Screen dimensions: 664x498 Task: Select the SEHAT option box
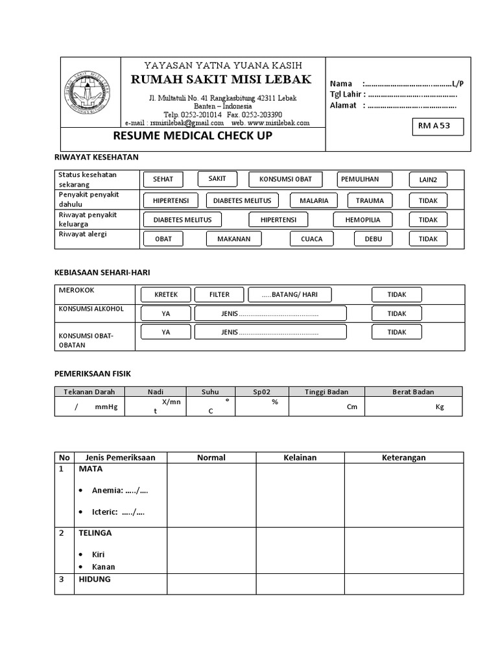click(163, 180)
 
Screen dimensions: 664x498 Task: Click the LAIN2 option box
click(428, 180)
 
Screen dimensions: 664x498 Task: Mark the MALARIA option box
click(314, 200)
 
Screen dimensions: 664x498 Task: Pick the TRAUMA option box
click(370, 200)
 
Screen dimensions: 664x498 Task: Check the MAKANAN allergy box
click(233, 239)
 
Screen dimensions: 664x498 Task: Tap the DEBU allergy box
click(373, 239)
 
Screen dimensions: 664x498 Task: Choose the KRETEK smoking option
click(165, 294)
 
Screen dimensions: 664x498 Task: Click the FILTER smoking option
click(219, 294)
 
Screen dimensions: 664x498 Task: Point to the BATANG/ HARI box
click(289, 294)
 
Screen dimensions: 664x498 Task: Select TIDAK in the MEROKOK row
click(396, 294)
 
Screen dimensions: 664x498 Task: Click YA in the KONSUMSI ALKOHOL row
click(166, 313)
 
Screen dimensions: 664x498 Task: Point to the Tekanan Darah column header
click(89, 392)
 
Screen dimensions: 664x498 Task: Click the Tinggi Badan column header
click(327, 392)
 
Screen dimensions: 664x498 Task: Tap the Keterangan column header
click(403, 457)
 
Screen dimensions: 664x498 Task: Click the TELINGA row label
click(95, 533)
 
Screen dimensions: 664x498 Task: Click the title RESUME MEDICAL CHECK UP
click(193, 136)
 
